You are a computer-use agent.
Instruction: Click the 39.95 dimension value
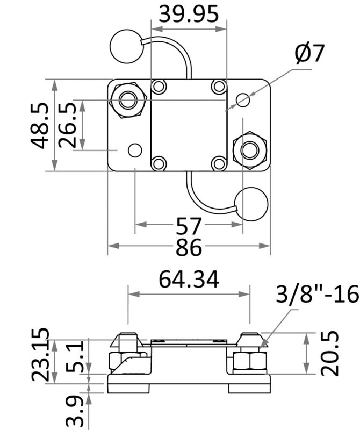189,15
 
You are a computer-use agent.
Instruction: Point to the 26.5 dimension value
67,125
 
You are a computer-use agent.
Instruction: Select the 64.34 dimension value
189,279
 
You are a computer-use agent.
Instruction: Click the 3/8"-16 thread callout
316,295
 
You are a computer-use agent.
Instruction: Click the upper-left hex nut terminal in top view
128,100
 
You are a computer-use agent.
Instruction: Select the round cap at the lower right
251,204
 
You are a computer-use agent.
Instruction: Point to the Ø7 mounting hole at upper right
243,99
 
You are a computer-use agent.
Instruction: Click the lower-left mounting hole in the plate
134,150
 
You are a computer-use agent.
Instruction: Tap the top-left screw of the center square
159,86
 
